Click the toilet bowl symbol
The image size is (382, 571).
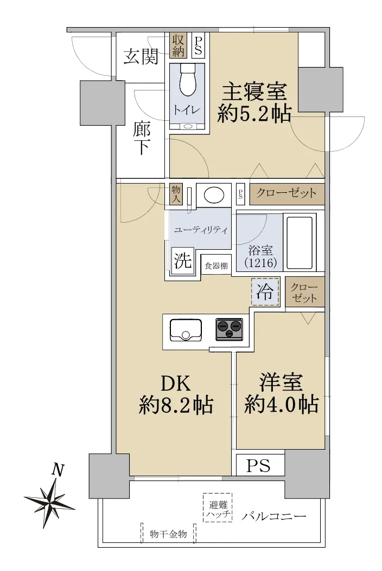click(188, 80)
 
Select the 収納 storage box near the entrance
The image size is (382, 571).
click(178, 45)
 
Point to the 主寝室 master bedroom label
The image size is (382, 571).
click(254, 92)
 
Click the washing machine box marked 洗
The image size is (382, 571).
click(182, 261)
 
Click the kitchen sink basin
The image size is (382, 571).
click(186, 330)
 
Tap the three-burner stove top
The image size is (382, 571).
click(229, 329)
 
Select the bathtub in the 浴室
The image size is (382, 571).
click(300, 242)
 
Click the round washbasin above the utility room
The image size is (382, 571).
click(214, 195)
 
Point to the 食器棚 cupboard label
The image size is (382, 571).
click(216, 266)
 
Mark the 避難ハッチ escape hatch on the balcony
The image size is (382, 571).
click(218, 508)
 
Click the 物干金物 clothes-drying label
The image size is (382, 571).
click(168, 534)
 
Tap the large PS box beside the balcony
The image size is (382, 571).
click(260, 465)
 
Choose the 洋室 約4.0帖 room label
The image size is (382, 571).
click(281, 393)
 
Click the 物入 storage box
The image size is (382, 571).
click(176, 193)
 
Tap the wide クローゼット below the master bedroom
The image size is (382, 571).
click(287, 193)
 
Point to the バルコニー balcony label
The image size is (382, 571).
click(273, 516)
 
